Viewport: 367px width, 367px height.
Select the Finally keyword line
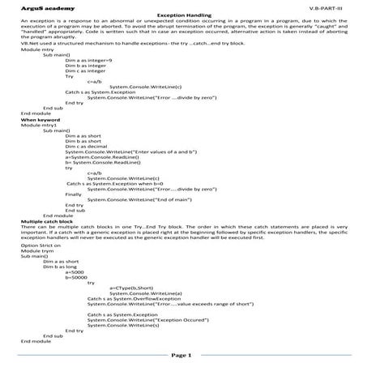pos(74,194)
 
